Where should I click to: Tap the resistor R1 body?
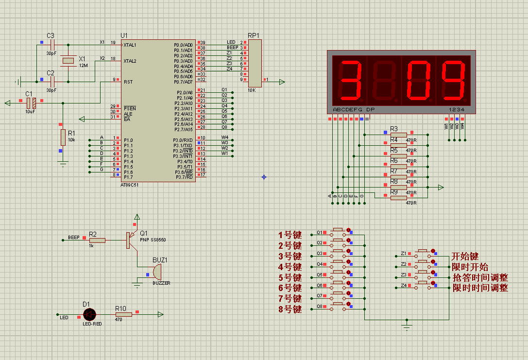click(x=63, y=137)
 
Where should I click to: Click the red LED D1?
click(x=89, y=315)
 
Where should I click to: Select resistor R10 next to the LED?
click(x=123, y=315)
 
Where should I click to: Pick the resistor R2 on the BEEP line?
click(x=97, y=240)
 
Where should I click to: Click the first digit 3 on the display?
click(x=349, y=79)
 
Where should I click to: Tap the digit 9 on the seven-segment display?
click(x=454, y=79)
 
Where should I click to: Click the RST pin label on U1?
click(x=128, y=82)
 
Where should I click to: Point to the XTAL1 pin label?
click(x=130, y=45)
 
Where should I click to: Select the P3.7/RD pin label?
click(x=184, y=177)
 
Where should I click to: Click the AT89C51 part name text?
click(x=130, y=185)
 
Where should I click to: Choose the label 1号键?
click(x=290, y=235)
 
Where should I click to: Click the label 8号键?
click(x=290, y=309)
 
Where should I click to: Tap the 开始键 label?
click(x=465, y=256)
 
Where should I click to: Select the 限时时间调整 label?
click(x=480, y=288)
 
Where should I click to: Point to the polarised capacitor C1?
click(x=31, y=103)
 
